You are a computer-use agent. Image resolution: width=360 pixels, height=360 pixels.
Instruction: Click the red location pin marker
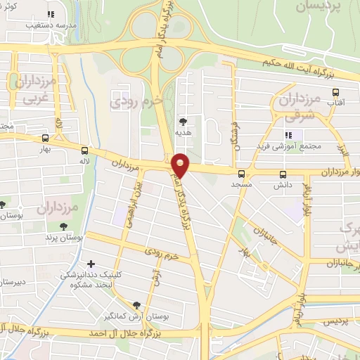point(181,165)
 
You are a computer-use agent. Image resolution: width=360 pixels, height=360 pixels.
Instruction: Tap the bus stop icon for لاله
point(84,150)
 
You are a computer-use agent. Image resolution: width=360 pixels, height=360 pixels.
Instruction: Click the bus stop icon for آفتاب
point(336,92)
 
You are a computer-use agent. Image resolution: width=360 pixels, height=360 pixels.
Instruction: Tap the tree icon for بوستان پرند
point(64,226)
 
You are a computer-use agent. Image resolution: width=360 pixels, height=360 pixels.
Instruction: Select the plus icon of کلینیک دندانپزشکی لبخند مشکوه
point(91,264)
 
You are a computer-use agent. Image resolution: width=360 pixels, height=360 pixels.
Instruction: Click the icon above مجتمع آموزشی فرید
point(288,135)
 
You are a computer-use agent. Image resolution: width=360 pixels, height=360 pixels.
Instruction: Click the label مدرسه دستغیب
point(50,25)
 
